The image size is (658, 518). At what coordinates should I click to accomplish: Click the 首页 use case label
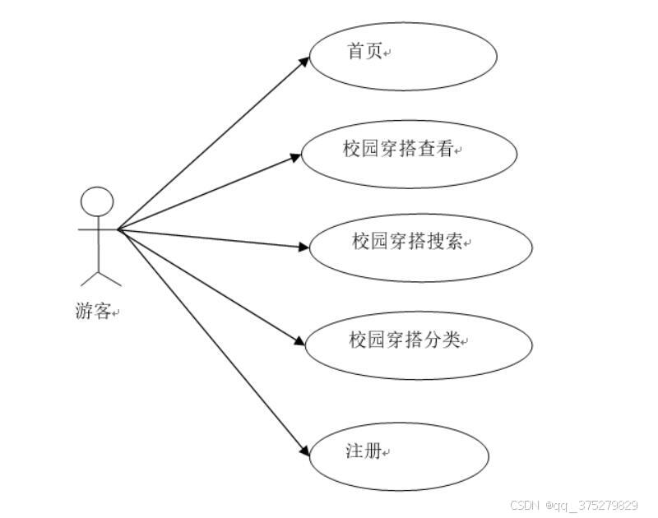tap(364, 52)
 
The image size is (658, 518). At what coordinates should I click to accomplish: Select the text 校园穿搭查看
tap(398, 150)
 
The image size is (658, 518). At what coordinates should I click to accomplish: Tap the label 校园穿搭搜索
tap(408, 242)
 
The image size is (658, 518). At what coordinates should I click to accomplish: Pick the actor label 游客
tap(92, 312)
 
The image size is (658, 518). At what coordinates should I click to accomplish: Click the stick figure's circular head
tap(97, 201)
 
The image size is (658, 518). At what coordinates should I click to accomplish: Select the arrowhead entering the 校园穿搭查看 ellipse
tap(294, 156)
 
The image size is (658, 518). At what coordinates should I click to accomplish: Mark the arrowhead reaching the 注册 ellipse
tap(302, 452)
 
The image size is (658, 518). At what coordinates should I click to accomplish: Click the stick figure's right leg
tap(109, 278)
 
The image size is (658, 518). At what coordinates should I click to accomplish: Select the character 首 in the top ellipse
tap(355, 52)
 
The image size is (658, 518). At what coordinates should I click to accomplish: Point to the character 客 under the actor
tap(102, 312)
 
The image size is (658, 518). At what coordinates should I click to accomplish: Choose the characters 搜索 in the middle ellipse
tap(445, 242)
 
